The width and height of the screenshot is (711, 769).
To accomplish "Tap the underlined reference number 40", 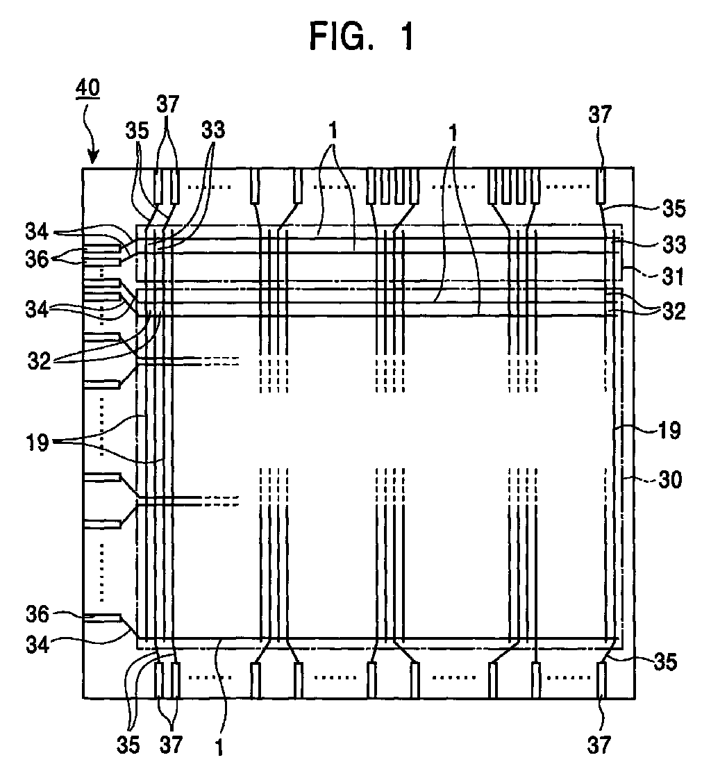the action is [x=87, y=88].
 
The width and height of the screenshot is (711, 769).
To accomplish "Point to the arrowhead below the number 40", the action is [x=92, y=158].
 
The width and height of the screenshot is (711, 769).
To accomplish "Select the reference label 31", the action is [x=673, y=277].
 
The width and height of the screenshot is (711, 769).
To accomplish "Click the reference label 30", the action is [x=670, y=479].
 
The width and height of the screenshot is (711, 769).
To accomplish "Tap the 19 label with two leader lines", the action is [x=37, y=443].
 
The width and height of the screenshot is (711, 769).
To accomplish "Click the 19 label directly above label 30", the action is [x=669, y=431].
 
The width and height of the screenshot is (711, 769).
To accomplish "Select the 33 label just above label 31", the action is [x=674, y=245].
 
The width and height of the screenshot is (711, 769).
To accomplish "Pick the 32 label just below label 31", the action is [x=674, y=311].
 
